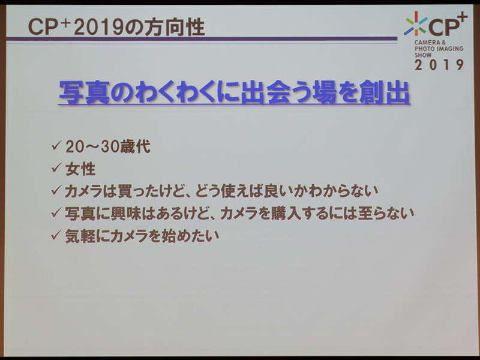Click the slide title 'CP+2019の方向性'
coord(109,28)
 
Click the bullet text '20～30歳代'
coord(101,145)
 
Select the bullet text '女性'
coord(81,168)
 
